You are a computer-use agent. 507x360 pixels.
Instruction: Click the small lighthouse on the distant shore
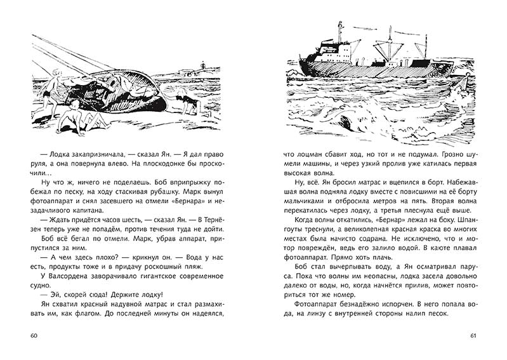click(x=203, y=65)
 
